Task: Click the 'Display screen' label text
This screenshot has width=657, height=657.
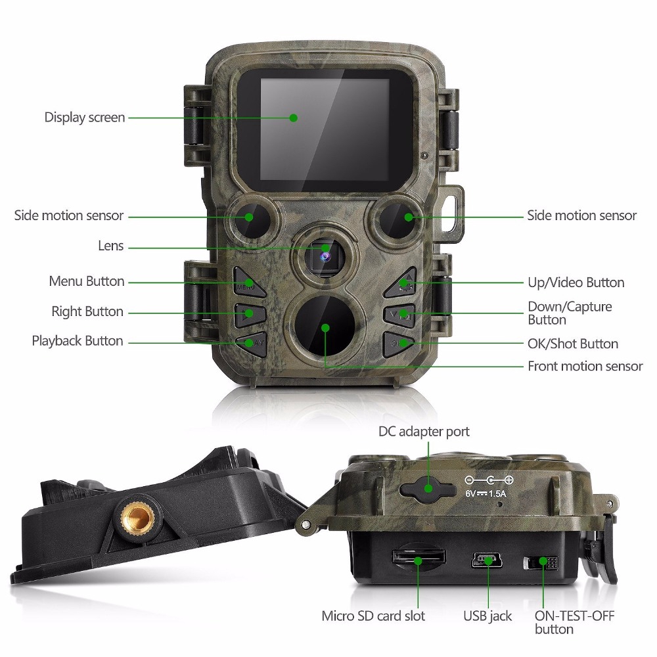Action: click(x=84, y=118)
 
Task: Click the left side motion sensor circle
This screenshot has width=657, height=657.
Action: click(x=249, y=218)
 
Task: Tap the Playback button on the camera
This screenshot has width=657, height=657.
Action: click(x=250, y=342)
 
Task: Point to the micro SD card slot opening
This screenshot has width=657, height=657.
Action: click(x=419, y=558)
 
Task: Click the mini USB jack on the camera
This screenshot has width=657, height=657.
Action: click(x=487, y=560)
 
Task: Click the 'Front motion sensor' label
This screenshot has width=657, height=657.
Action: click(x=585, y=366)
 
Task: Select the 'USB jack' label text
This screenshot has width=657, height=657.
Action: click(x=487, y=616)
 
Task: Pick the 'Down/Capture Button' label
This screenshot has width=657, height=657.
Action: click(x=569, y=313)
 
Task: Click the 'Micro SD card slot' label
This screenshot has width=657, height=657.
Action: click(x=373, y=616)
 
